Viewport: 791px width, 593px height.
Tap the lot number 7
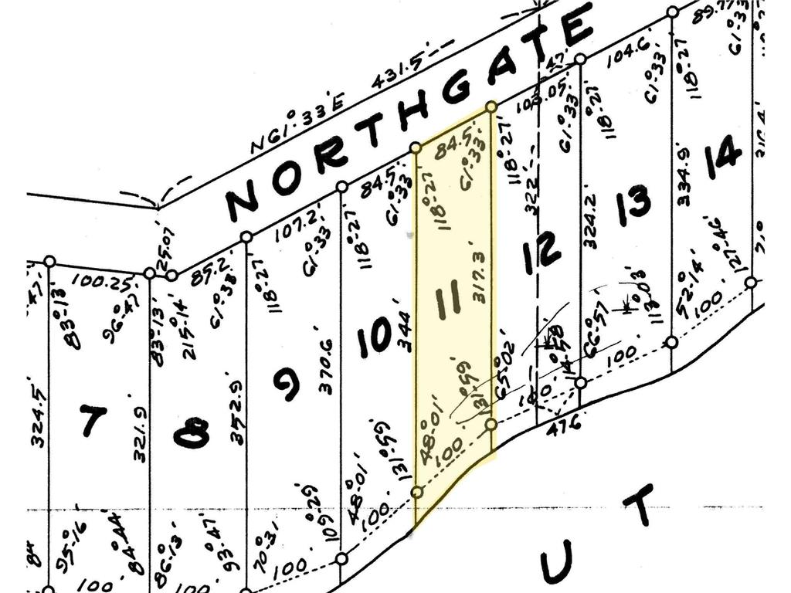(93, 422)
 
